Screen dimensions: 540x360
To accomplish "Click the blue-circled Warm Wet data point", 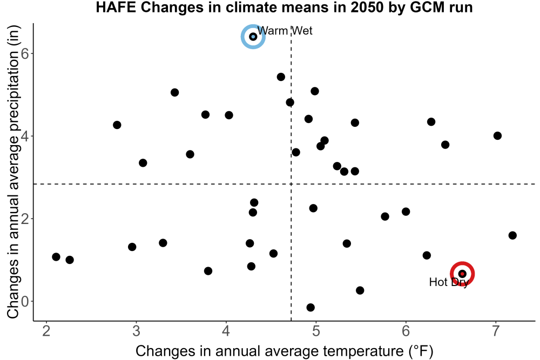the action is click(253, 37).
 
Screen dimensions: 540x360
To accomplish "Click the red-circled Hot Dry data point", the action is click(462, 274).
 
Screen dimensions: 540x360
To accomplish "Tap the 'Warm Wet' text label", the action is click(285, 31).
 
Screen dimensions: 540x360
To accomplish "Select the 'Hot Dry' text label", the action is click(449, 282).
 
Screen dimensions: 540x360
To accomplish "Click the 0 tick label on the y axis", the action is click(25, 302).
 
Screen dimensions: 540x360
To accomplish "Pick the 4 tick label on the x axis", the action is click(226, 331).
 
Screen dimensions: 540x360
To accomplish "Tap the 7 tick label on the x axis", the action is click(496, 331).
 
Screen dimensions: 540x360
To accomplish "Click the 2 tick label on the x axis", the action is click(46, 331).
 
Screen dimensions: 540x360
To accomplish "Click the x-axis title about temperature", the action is click(285, 351).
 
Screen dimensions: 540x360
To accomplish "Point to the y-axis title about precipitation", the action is click(14, 172).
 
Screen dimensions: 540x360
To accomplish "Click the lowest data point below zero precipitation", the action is click(310, 307).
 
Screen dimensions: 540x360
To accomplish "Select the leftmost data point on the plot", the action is click(56, 257).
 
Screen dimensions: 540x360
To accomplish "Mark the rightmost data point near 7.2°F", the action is click(512, 235).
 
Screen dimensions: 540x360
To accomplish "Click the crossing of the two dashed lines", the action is click(292, 184).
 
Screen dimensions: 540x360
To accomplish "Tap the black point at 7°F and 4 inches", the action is click(497, 135).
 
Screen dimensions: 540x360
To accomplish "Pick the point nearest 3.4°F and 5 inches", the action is click(174, 92).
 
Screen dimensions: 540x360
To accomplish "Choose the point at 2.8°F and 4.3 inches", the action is click(117, 125).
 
